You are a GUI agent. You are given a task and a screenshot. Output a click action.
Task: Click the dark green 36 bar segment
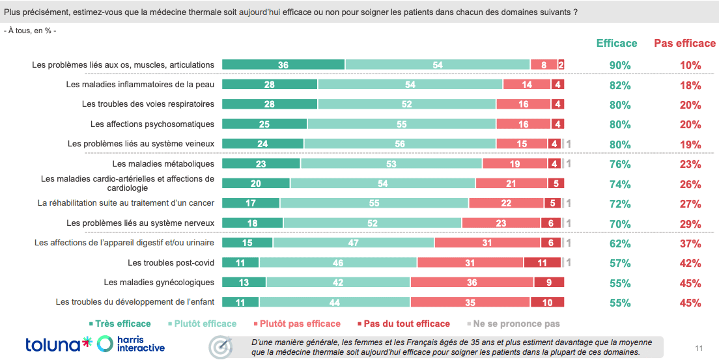[283, 64]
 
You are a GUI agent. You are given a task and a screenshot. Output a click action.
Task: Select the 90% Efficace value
[620, 65]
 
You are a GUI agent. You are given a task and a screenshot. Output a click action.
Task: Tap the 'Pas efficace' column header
[684, 43]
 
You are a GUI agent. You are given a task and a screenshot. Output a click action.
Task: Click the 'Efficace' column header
[617, 43]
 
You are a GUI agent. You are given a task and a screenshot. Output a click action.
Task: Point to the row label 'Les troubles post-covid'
[171, 263]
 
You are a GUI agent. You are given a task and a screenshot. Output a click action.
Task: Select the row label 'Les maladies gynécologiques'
[159, 283]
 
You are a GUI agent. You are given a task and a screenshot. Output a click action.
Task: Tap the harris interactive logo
[130, 344]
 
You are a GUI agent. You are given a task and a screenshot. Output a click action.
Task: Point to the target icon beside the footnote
[221, 347]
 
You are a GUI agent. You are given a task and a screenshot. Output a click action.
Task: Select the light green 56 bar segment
[400, 144]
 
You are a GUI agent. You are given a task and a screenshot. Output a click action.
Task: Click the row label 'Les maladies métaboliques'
[163, 163]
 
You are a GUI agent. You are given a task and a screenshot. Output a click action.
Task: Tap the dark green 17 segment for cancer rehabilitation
[251, 203]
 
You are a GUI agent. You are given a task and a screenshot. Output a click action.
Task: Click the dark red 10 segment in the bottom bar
[547, 303]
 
